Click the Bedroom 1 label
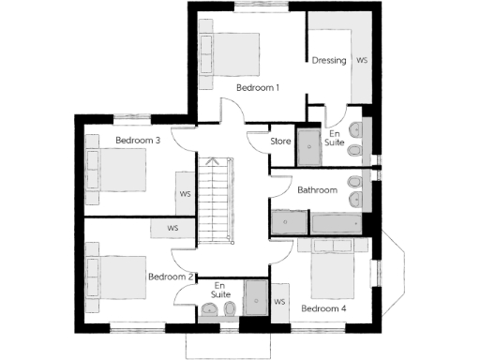click(x=258, y=88)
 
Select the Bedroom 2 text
click(x=171, y=277)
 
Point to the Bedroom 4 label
click(x=323, y=307)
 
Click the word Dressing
click(x=329, y=61)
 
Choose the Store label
click(x=280, y=142)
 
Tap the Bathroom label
click(x=317, y=190)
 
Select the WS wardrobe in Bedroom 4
click(x=279, y=302)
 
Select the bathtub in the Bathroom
click(x=338, y=223)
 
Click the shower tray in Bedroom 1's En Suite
click(x=309, y=142)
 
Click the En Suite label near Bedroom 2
click(x=220, y=290)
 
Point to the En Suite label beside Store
click(x=335, y=139)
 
